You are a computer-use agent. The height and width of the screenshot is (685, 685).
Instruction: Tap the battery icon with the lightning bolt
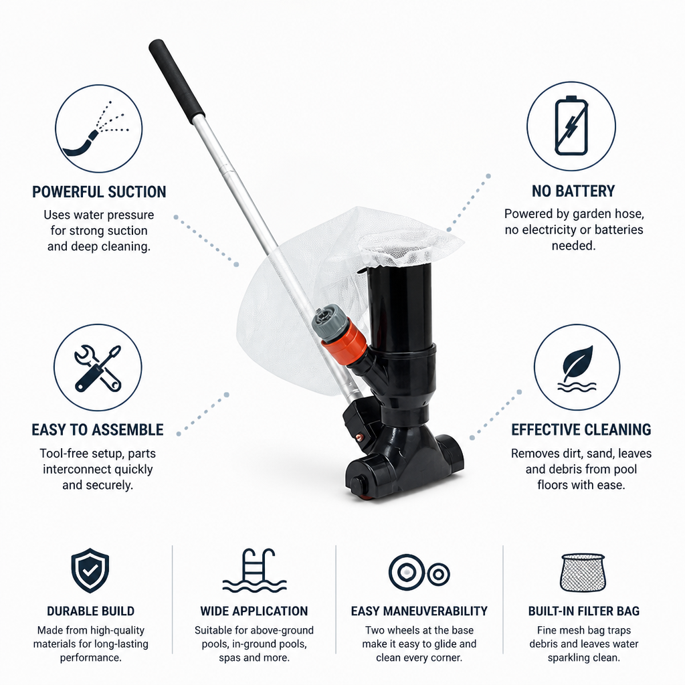571,126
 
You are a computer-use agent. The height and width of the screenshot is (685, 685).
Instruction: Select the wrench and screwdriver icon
98,368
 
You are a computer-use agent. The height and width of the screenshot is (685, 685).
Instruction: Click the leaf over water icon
577,369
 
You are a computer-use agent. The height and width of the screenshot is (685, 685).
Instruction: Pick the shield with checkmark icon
90,570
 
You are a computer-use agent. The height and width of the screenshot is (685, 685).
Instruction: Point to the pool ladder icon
254,570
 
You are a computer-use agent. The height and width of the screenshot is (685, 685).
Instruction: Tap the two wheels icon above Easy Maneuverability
419,573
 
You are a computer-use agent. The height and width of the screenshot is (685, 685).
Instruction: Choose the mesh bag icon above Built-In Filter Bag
583,573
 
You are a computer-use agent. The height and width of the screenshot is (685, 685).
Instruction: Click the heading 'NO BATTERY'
573,191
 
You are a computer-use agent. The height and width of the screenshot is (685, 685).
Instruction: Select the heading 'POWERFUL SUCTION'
99,192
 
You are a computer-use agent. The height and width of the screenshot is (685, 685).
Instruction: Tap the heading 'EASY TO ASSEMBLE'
98,430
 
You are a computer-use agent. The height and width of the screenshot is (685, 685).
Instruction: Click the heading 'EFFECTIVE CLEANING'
581,430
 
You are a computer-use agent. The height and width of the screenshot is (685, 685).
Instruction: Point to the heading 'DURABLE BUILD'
90,611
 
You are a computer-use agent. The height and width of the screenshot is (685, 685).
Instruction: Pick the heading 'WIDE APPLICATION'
254,611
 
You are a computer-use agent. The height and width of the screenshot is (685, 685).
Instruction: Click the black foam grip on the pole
177,82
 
